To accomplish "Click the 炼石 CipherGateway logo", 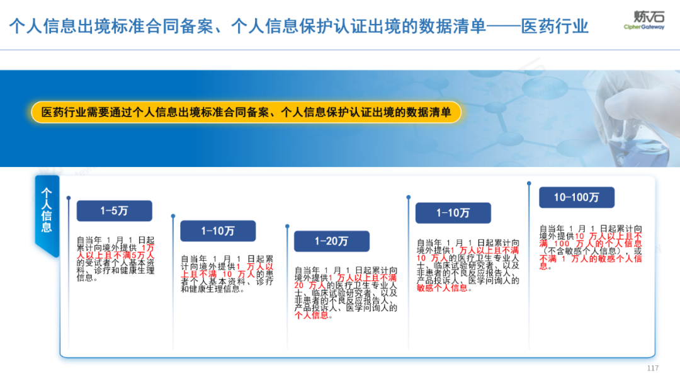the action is (x=643, y=20).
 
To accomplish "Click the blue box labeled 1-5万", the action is (x=114, y=211).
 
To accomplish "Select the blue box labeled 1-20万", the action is (x=331, y=241).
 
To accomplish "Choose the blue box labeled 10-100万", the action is (x=576, y=197).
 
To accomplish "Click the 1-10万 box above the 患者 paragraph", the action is (x=218, y=231).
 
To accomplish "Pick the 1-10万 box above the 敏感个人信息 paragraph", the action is (x=453, y=213).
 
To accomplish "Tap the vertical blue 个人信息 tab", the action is (x=47, y=210).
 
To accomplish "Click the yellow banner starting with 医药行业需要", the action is (x=246, y=112).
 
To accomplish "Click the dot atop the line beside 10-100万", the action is (x=529, y=184).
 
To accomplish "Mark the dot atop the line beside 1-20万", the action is (x=287, y=225).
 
